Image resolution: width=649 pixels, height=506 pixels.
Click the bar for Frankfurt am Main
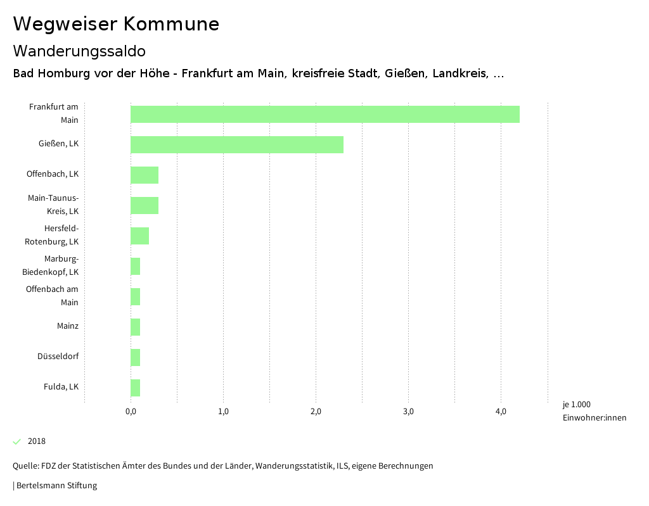click(x=324, y=114)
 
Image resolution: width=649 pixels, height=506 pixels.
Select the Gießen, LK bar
click(x=236, y=144)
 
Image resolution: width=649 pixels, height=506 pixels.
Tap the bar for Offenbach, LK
click(x=144, y=175)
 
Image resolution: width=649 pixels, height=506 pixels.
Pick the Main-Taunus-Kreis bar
click(x=144, y=205)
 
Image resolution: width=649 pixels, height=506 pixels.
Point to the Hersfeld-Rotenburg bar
click(x=139, y=236)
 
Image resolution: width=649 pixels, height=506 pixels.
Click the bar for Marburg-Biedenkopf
click(x=135, y=266)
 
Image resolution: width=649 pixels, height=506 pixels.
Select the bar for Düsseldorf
click(x=135, y=357)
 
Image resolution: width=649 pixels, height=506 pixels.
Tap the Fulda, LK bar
click(x=135, y=388)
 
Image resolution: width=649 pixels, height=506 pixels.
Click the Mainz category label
click(x=67, y=326)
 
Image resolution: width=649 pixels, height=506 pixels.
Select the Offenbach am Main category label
click(x=53, y=296)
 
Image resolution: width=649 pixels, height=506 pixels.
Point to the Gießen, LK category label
click(x=58, y=144)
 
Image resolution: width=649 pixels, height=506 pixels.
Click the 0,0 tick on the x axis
click(x=131, y=412)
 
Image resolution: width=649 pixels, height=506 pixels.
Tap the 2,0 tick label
click(x=316, y=412)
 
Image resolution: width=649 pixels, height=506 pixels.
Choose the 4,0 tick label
click(x=501, y=412)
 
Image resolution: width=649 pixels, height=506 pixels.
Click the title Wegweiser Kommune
click(x=116, y=24)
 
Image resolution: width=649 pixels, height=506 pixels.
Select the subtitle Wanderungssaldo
click(x=79, y=51)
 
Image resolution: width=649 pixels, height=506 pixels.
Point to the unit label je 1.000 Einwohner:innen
click(x=594, y=411)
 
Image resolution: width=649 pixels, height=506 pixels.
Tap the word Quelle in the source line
click(x=25, y=466)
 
